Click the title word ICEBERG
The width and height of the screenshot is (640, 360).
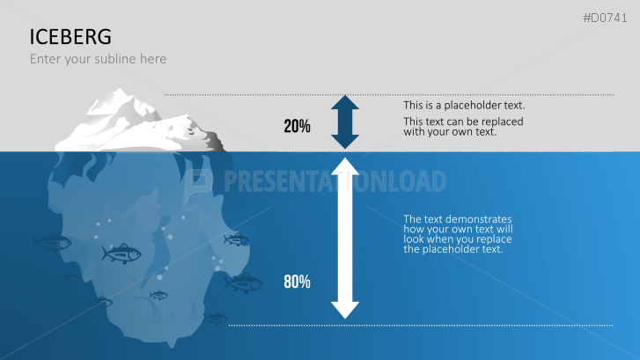point(70,36)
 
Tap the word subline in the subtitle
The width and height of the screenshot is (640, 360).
point(110,59)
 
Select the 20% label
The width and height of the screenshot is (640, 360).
point(297,126)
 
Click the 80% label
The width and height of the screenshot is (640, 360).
point(297,282)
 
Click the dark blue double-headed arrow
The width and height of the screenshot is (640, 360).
point(345,121)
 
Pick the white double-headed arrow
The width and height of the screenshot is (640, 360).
point(345,238)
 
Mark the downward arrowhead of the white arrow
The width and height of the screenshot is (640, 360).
point(345,308)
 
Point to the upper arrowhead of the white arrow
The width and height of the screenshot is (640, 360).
point(345,167)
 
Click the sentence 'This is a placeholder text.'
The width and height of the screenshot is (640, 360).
point(464,106)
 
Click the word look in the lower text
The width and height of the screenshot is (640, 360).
point(414,239)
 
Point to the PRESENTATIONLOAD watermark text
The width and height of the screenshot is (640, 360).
point(335,181)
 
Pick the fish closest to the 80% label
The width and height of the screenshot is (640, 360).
point(243,283)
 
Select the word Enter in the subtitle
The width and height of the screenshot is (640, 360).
point(46,59)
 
